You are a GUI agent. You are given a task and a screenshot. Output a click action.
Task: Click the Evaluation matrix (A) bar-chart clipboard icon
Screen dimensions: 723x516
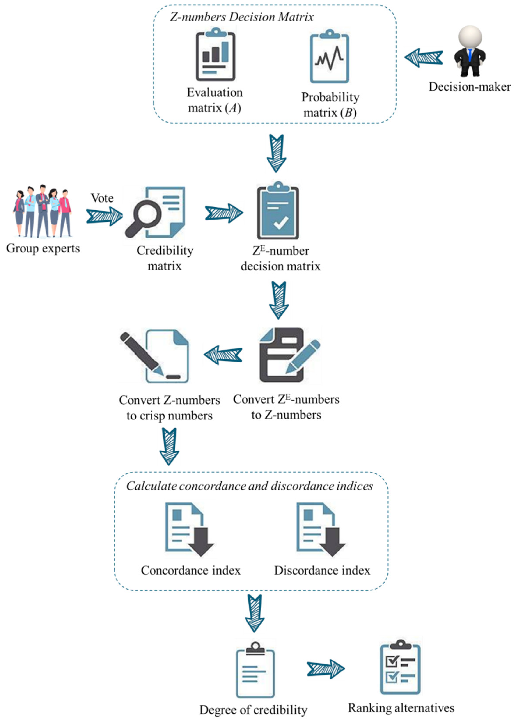point(215,55)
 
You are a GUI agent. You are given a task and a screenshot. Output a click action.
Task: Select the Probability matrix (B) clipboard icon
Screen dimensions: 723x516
point(330,57)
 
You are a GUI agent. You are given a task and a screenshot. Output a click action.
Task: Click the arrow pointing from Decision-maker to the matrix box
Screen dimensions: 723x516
point(424,57)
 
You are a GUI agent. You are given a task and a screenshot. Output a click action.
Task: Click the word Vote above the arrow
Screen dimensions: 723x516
point(102,198)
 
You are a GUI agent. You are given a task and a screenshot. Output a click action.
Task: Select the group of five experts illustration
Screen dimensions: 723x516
point(42,211)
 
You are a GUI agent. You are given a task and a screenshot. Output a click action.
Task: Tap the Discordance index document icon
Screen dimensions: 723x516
point(320,529)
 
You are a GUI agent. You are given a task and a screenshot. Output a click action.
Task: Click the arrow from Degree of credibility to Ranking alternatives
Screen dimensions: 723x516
point(326,669)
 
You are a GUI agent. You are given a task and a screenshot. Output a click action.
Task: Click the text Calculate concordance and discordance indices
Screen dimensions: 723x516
point(249,486)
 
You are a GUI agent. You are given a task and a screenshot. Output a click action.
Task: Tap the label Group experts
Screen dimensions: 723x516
point(43,248)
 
